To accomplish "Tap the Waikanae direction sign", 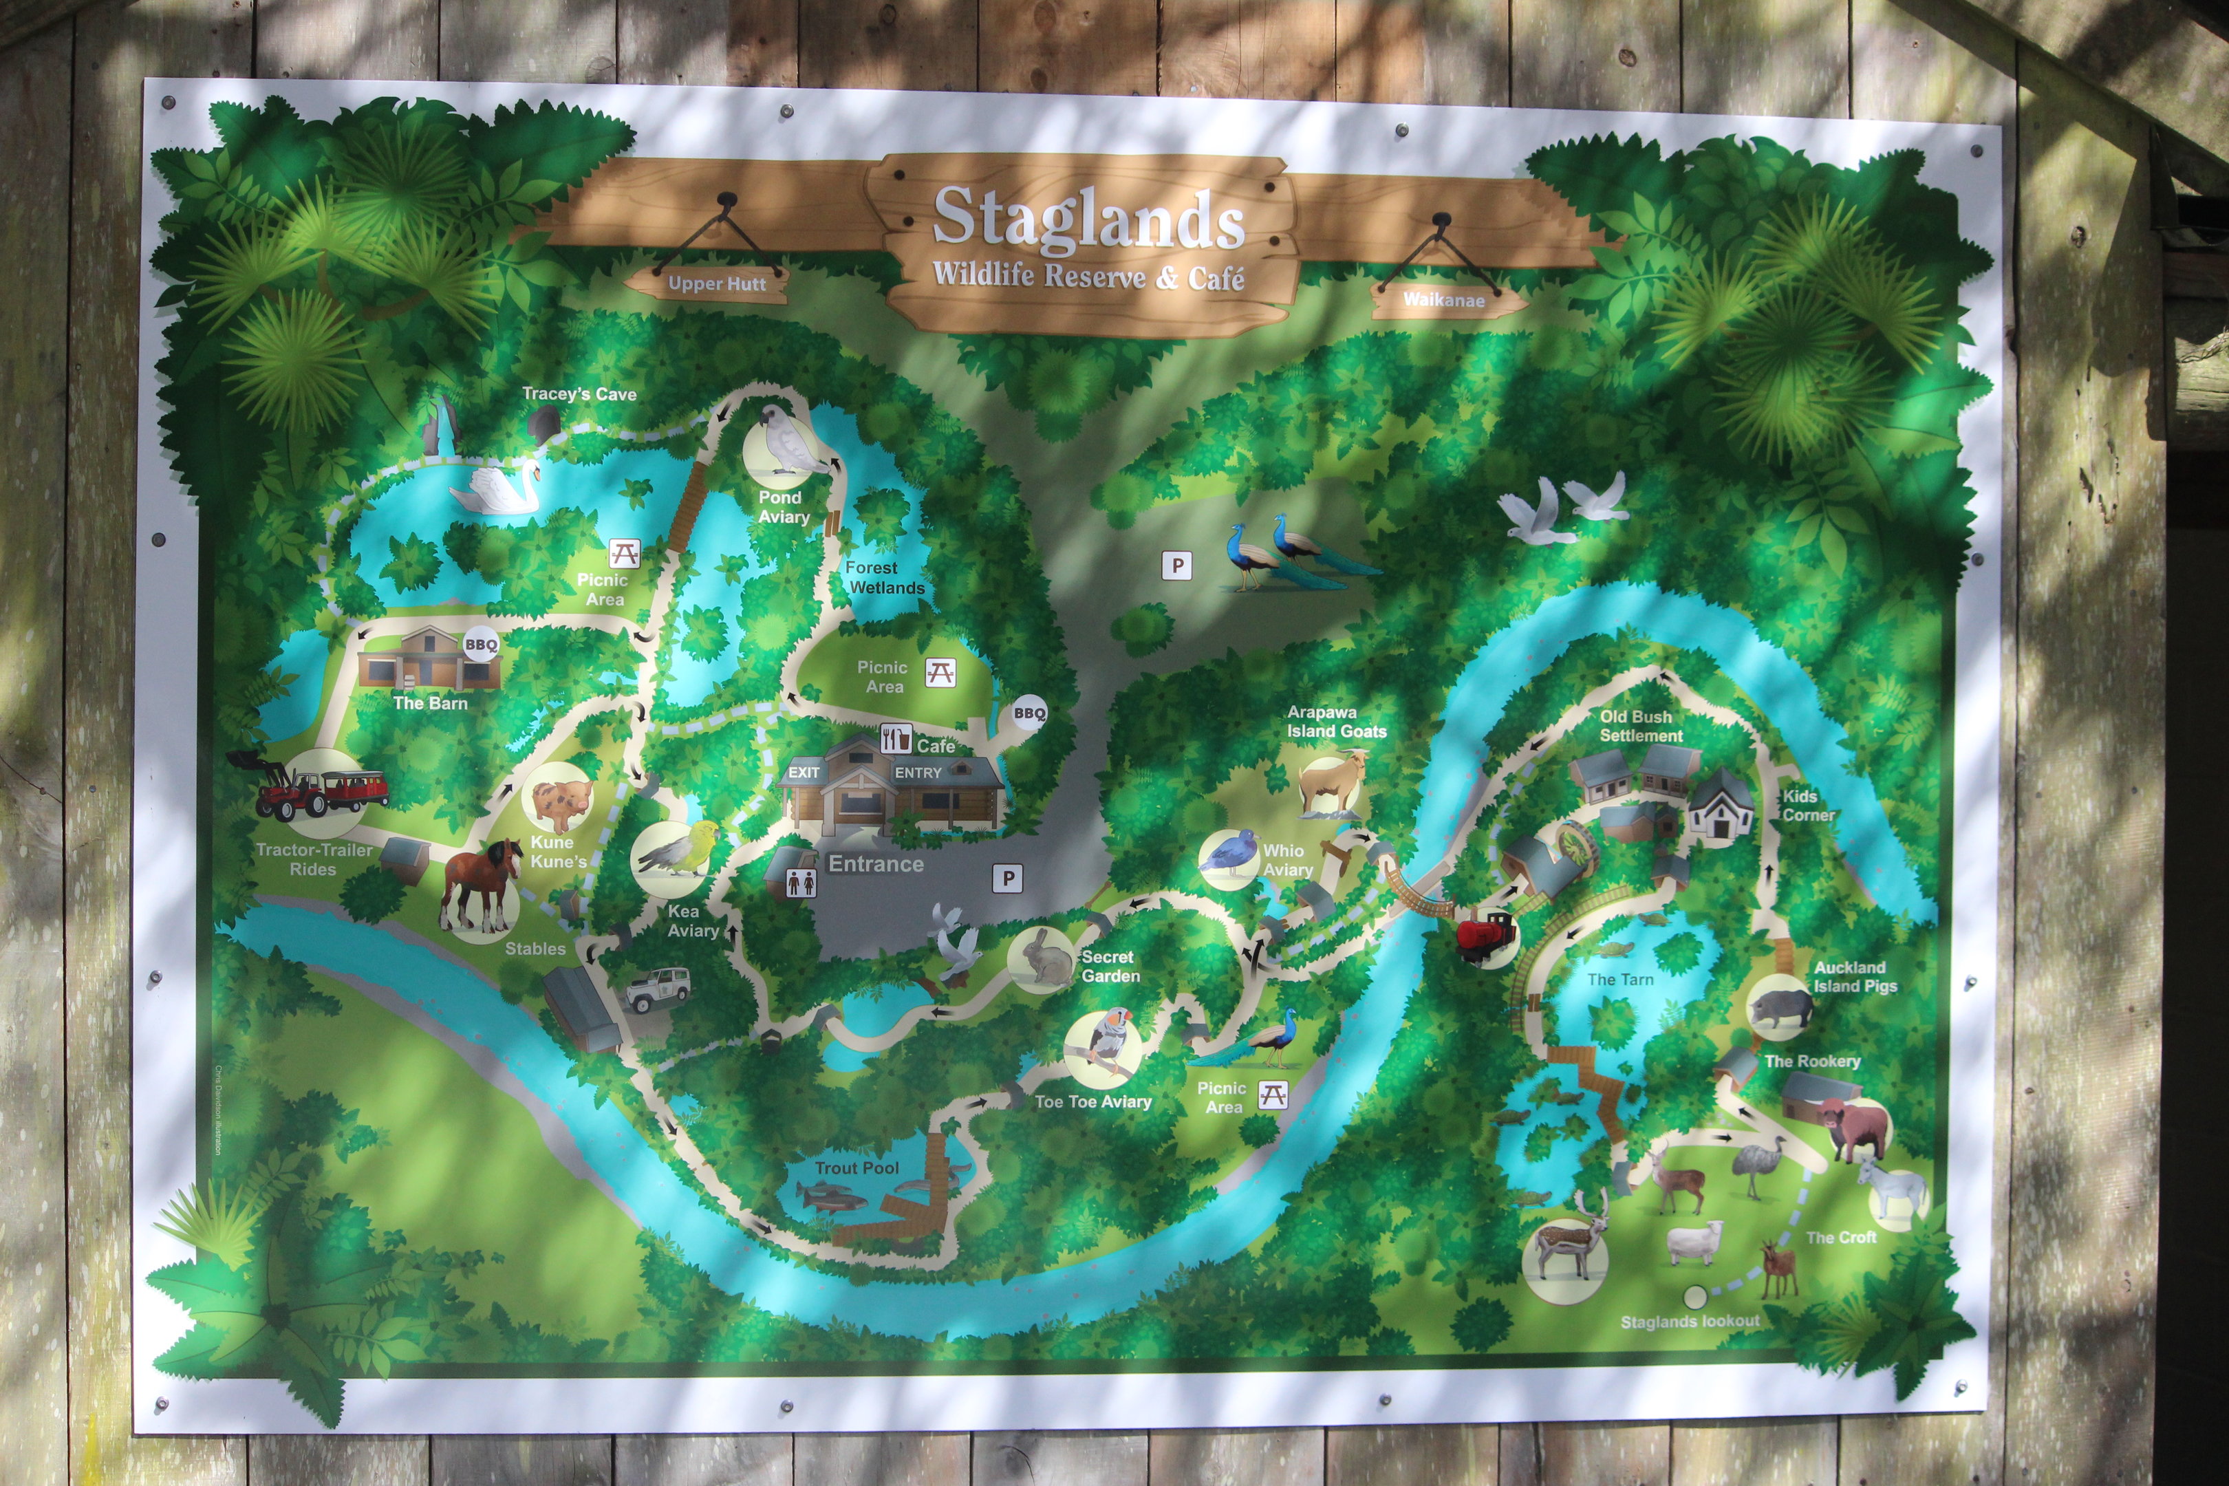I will tap(1443, 299).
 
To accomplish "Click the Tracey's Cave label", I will tap(579, 394).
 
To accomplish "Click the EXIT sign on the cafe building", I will tap(804, 773).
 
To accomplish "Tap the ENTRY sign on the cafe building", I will tap(917, 773).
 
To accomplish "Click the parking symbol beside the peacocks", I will tap(1177, 566).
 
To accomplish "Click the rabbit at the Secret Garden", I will tap(1042, 958).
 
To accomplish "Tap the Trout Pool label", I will tap(857, 1167).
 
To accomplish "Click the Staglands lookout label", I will tap(1690, 1321).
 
